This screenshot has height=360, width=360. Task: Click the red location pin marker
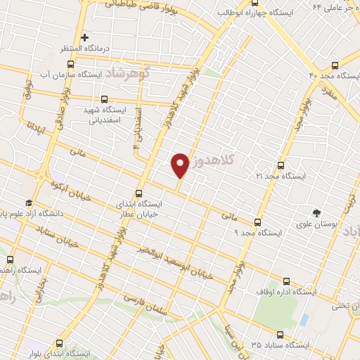click(181, 164)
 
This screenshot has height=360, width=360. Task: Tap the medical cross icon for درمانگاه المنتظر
click(85, 37)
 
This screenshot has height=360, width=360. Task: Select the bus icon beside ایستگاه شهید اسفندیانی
click(105, 100)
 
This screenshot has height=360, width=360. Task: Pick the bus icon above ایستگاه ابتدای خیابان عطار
click(139, 193)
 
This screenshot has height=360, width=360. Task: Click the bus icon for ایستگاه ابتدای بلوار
click(58, 344)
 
